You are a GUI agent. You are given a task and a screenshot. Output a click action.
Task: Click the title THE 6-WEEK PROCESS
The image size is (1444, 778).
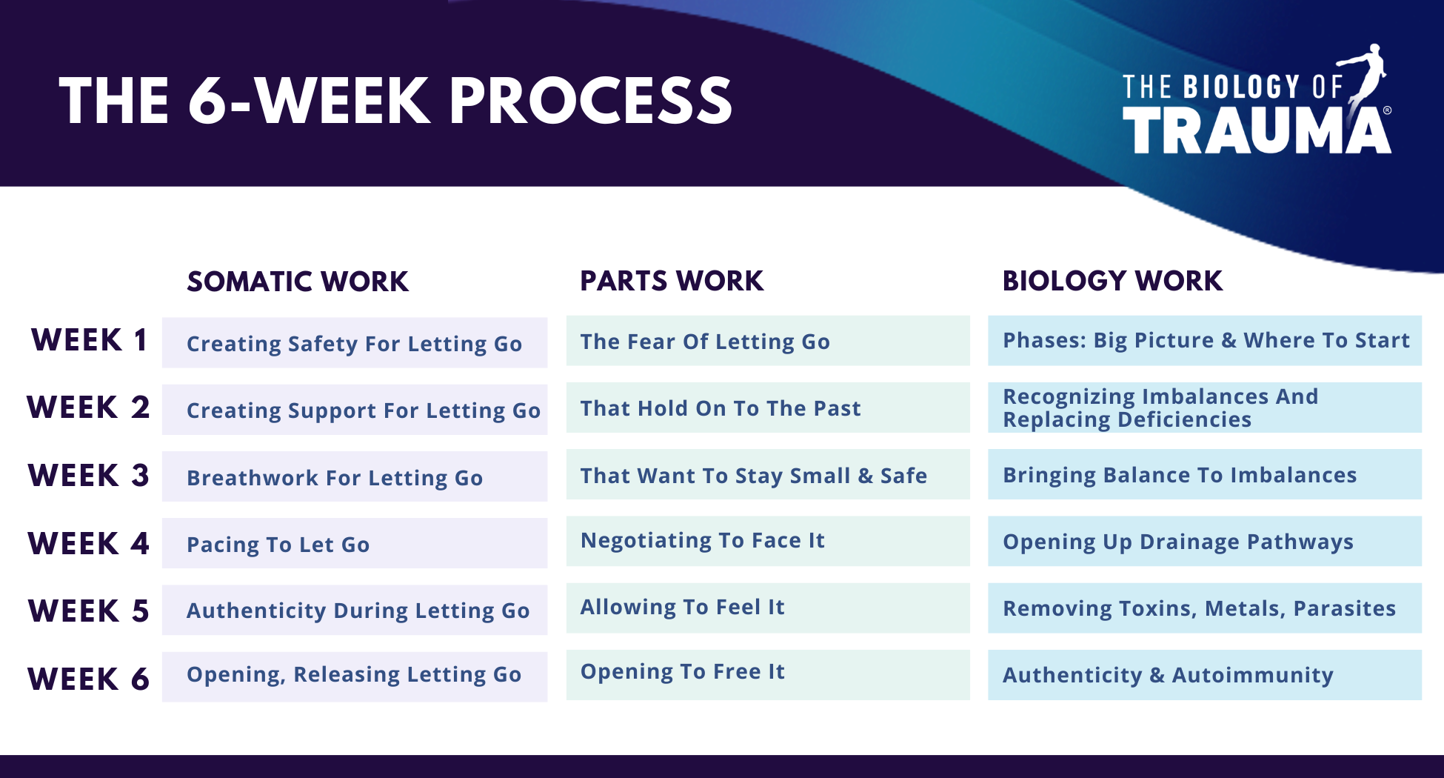click(395, 101)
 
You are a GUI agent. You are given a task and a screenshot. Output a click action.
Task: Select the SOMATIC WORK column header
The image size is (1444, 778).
click(298, 282)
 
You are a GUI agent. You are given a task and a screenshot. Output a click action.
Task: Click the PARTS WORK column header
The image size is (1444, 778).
click(672, 281)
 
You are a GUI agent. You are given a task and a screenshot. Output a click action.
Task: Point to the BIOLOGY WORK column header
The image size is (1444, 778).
click(1112, 281)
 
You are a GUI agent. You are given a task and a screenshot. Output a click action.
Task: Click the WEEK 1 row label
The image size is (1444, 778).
click(89, 340)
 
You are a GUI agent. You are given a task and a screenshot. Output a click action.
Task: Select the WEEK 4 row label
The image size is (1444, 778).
click(89, 543)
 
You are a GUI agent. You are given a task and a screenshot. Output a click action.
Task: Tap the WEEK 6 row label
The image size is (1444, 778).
click(89, 679)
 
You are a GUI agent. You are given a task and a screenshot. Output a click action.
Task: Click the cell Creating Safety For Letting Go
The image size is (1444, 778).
click(355, 343)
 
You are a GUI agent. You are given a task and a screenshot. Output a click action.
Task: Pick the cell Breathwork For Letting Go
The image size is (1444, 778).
click(355, 476)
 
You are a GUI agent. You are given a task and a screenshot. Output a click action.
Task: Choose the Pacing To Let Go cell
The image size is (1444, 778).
click(355, 543)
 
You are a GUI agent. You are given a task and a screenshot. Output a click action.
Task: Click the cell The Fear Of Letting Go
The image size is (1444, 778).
click(768, 341)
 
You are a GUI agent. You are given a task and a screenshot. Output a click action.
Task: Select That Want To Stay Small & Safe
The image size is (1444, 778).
click(768, 474)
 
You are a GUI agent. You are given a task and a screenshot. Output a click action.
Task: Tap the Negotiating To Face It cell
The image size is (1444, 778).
click(768, 541)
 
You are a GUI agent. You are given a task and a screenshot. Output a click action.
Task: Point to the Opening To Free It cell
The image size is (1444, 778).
click(768, 675)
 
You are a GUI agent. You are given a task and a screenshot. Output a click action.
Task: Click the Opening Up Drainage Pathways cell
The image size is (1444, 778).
click(1205, 541)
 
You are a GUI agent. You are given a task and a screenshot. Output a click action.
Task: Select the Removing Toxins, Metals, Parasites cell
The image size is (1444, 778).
click(1205, 608)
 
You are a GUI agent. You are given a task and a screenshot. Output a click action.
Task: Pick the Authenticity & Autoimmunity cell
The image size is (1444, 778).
click(1205, 675)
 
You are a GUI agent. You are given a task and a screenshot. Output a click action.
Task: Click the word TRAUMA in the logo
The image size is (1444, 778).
click(1257, 130)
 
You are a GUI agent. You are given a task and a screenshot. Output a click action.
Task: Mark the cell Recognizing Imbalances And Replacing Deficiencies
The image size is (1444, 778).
click(1205, 408)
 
